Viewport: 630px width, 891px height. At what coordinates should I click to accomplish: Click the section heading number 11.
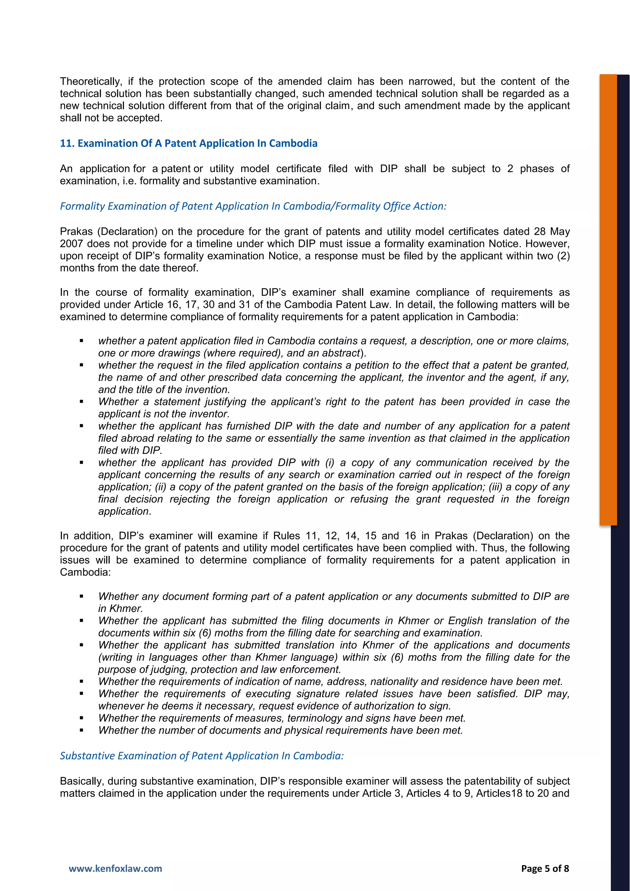66,144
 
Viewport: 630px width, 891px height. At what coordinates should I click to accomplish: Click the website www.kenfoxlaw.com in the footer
115,869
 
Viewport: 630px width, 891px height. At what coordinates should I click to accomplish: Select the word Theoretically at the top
91,82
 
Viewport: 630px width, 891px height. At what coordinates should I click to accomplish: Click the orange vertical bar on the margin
608,299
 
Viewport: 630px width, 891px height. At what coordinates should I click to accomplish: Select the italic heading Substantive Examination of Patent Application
201,756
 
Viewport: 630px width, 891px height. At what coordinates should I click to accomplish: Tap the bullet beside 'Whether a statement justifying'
82,402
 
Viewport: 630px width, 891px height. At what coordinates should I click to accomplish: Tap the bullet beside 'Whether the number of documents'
82,730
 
